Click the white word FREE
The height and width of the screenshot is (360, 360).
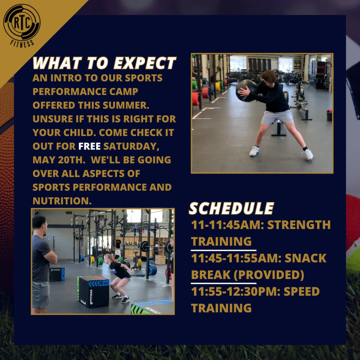point(90,146)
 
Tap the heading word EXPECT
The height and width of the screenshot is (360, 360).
point(145,63)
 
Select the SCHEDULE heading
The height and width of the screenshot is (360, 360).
point(231,208)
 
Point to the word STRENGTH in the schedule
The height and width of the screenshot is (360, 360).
point(299,225)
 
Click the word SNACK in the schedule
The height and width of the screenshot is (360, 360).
point(305,258)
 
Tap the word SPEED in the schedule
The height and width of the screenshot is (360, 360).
point(302,291)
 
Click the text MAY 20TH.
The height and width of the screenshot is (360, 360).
point(59,160)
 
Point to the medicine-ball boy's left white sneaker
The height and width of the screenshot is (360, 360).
point(308,154)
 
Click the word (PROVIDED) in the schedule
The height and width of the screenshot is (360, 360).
point(269,275)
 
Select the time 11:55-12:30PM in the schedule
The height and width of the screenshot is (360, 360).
point(236,291)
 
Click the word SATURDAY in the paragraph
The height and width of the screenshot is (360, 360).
point(131,146)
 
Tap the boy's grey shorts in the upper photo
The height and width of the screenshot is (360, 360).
point(277,117)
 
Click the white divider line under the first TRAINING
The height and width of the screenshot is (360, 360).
point(224,250)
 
